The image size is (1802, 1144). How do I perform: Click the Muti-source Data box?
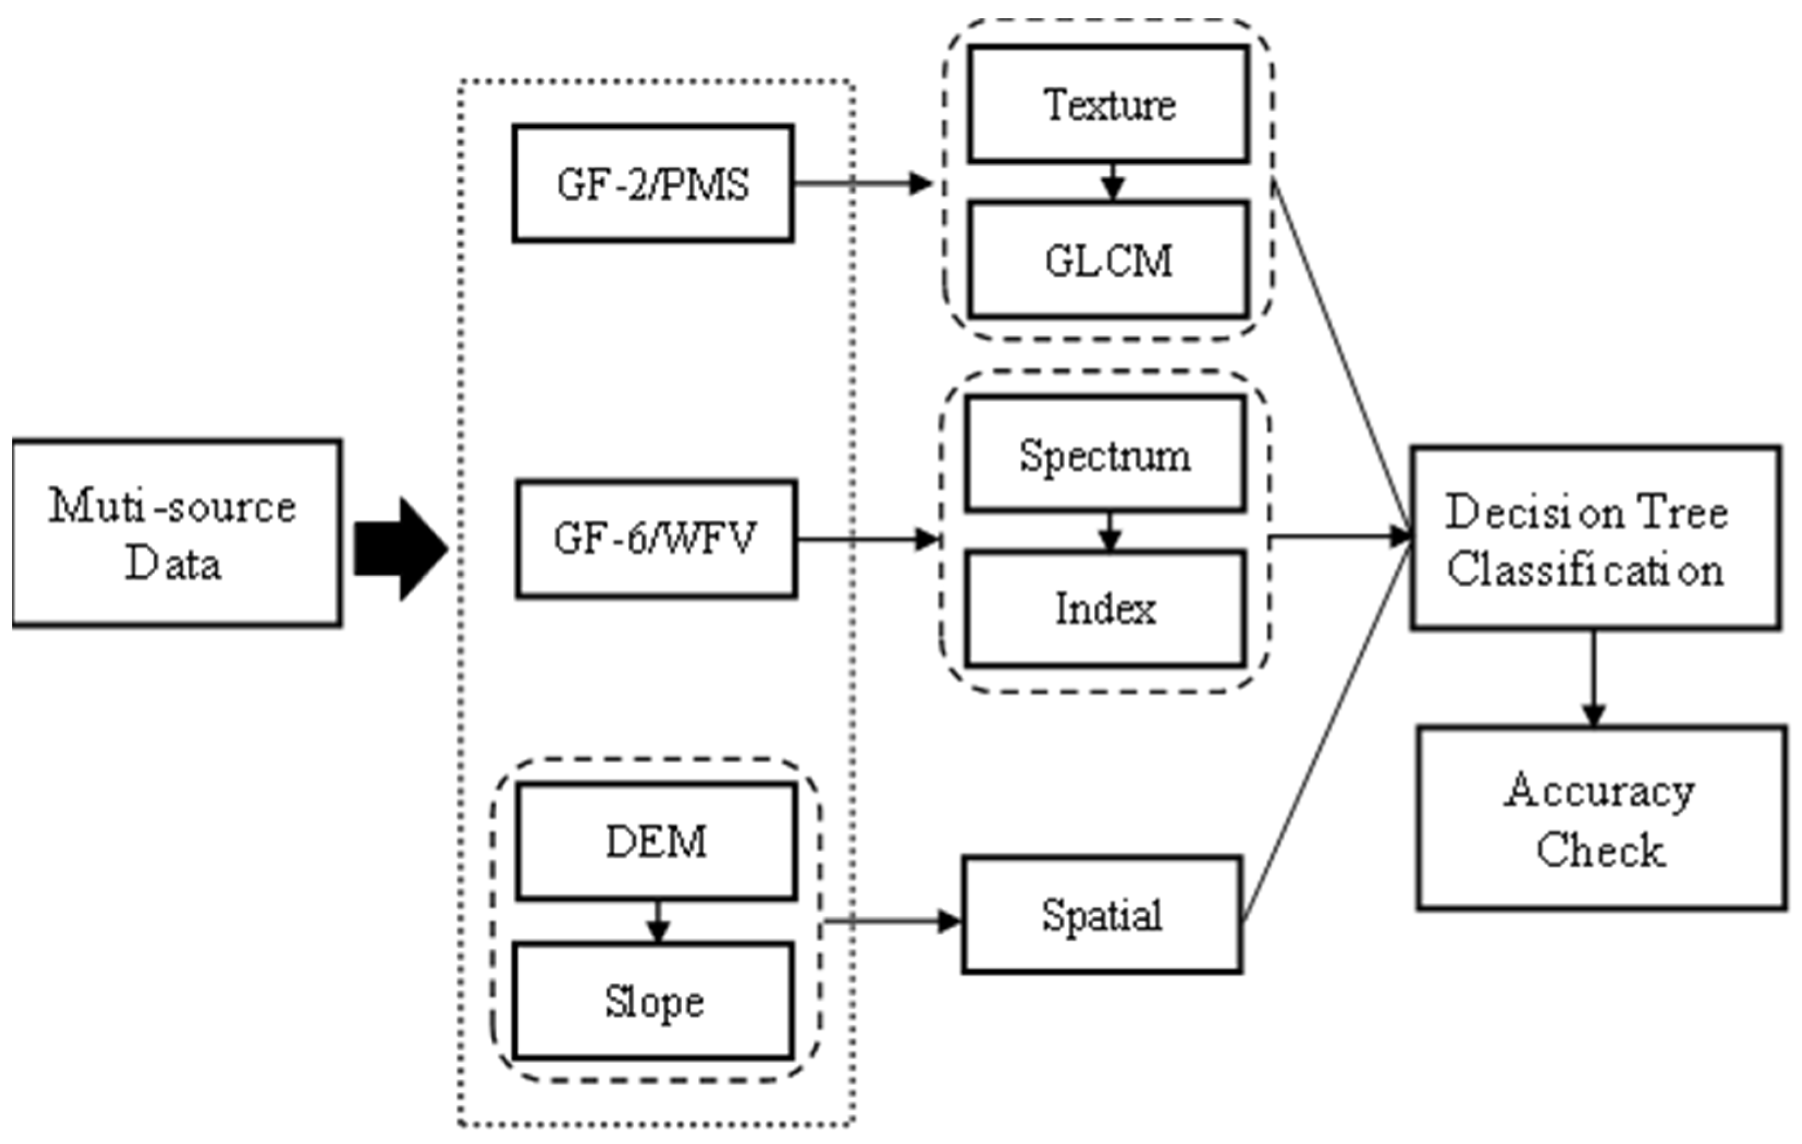pos(177,533)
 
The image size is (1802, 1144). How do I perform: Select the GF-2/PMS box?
pos(653,183)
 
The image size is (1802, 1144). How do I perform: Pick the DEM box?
pos(655,841)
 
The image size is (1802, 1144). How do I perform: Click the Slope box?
pos(653,1001)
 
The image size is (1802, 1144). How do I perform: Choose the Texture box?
pos(1108,104)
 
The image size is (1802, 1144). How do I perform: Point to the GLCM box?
pos(1108,261)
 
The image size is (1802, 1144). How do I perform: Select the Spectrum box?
pos(1106,454)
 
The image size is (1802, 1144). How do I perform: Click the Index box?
pos(1106,608)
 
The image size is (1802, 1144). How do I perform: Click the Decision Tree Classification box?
pos(1595,538)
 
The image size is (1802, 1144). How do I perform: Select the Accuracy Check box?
pos(1601,818)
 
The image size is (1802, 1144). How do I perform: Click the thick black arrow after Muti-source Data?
pos(400,549)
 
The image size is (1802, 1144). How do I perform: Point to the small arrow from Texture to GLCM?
pos(1114,182)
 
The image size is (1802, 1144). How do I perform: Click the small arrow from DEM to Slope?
pos(657,922)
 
